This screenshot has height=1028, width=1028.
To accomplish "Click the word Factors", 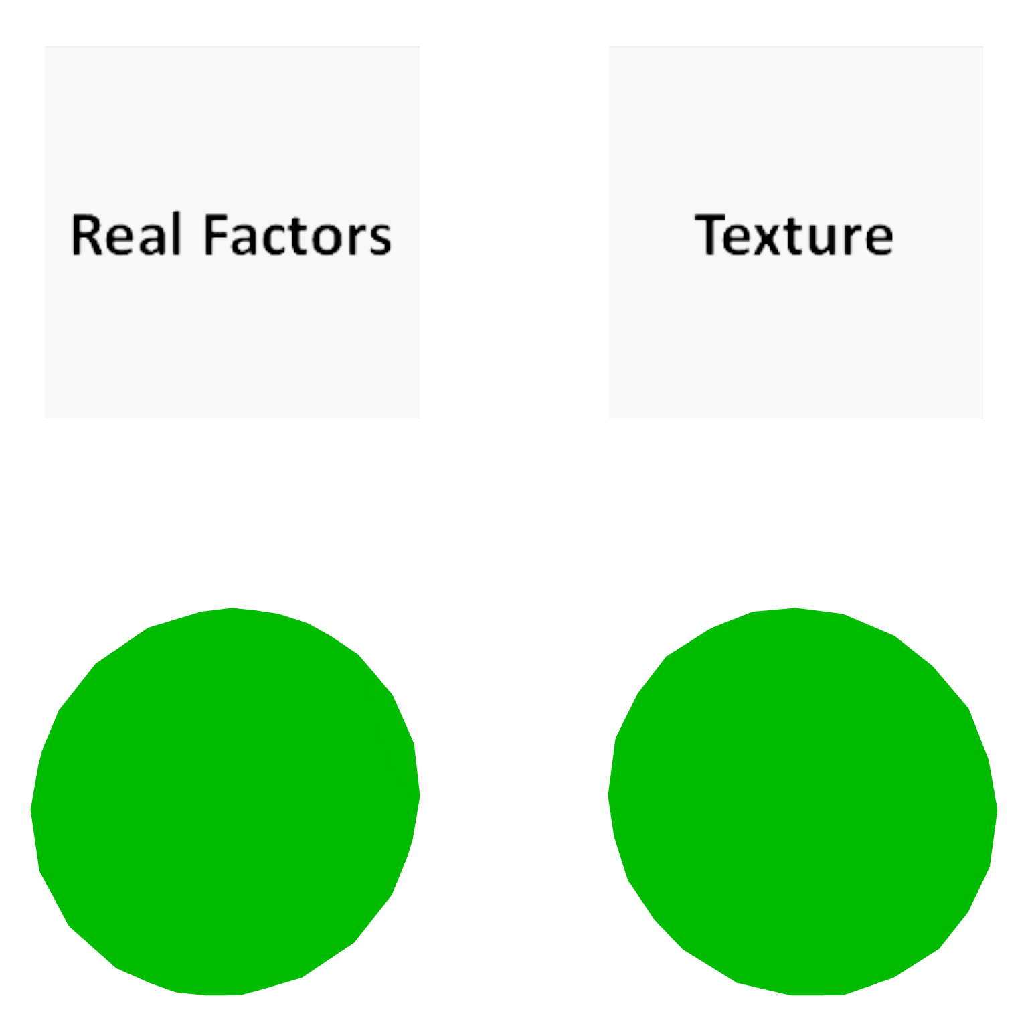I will [x=297, y=235].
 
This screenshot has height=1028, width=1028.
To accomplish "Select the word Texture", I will [x=794, y=235].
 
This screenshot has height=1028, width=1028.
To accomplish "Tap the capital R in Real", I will [x=85, y=235].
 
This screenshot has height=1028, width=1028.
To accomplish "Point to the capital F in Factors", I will [x=216, y=235].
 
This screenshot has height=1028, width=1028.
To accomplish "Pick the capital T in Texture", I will [x=711, y=235].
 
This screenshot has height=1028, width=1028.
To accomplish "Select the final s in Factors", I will [x=379, y=239].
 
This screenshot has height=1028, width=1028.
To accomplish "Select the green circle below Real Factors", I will [x=225, y=802].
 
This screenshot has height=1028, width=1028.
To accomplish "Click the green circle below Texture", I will [x=802, y=802].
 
